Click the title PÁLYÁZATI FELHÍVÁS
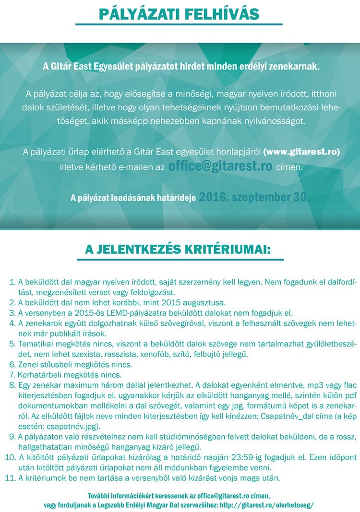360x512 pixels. pyautogui.click(x=179, y=14)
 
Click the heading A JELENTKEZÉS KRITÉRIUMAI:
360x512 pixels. pyautogui.click(x=178, y=250)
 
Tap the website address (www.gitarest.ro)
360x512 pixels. pyautogui.click(x=301, y=152)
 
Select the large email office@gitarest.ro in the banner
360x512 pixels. pyautogui.click(x=220, y=167)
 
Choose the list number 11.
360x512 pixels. pyautogui.click(x=11, y=478)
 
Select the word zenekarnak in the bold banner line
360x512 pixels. pyautogui.click(x=293, y=66)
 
